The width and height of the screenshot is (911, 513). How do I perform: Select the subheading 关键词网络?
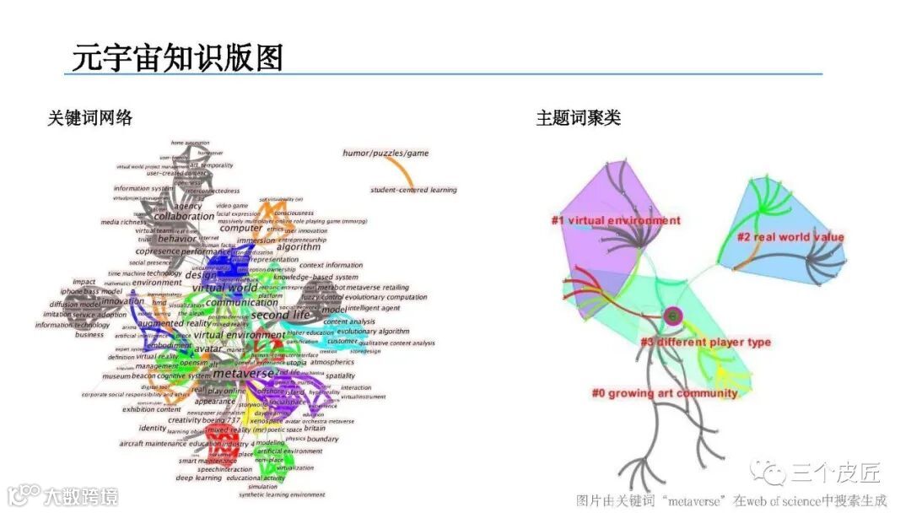pos(89,118)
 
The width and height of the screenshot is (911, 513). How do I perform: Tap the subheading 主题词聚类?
pos(578,118)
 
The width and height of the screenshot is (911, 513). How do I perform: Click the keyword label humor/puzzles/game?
pos(385,154)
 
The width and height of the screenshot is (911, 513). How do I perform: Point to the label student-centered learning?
pos(413,190)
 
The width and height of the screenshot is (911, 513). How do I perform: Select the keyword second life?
pos(280,316)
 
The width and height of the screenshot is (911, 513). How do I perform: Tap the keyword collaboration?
pos(184,217)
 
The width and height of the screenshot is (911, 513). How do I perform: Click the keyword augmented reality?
pos(173,323)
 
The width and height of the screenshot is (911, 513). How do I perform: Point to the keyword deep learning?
pos(199,478)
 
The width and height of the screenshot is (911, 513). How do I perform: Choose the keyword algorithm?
pos(299,247)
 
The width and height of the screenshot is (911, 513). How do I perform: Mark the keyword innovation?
pos(123,301)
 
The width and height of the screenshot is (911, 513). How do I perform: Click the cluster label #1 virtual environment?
pos(616,221)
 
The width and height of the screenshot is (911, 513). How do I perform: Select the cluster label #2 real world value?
pos(790,237)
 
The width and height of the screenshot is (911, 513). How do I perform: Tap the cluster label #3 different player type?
pos(705,343)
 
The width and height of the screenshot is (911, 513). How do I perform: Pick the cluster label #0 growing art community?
pos(665,393)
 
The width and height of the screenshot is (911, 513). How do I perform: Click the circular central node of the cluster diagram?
pos(672,316)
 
